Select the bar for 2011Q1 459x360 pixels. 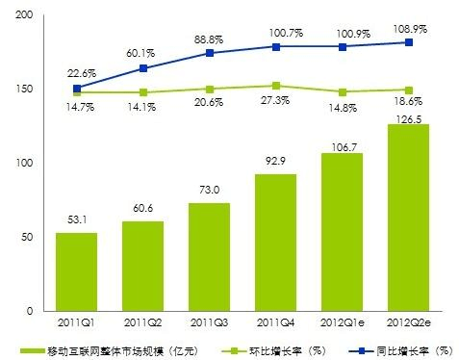click(77, 271)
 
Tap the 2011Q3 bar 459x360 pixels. click(209, 257)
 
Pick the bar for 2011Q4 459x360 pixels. click(275, 242)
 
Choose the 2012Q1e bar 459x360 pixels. click(342, 232)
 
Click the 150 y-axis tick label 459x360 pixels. click(24, 90)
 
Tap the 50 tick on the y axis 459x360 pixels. click(27, 237)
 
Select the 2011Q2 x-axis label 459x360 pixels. click(142, 322)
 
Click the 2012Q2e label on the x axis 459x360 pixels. click(408, 322)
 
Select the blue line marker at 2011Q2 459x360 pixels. click(143, 68)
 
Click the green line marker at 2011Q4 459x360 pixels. click(275, 86)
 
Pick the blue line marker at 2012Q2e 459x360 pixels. click(408, 42)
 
